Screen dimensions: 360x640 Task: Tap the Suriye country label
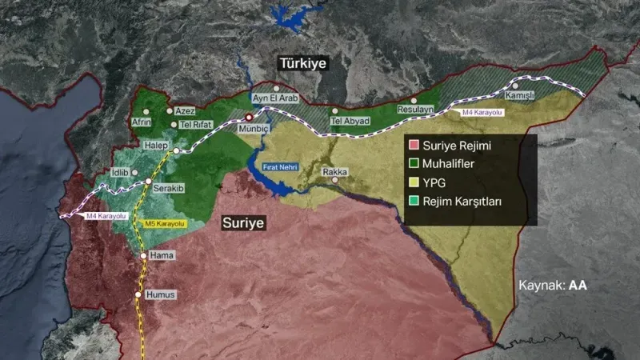243,222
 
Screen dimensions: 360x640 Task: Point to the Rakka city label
334,172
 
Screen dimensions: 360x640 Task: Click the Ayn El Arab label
275,98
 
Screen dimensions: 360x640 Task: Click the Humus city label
160,294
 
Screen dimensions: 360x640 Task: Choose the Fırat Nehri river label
280,166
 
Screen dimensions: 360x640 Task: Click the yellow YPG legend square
414,182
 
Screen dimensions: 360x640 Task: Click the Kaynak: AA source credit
554,285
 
